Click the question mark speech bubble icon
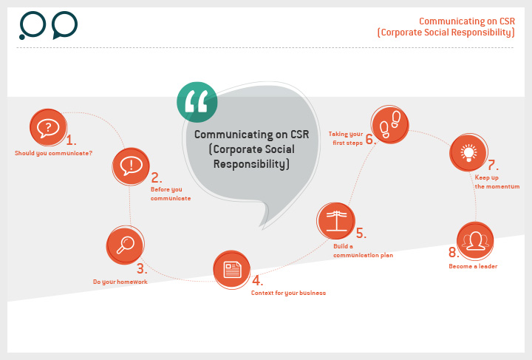coord(48,127)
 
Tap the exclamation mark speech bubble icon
coord(131,166)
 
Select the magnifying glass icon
coord(125,245)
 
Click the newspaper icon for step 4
coord(232,269)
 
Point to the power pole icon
coord(336,220)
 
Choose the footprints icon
coord(390,124)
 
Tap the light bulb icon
coord(468,153)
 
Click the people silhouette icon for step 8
coord(475,241)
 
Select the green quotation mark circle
coord(197,102)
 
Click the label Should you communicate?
coord(54,153)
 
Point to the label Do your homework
coord(120,282)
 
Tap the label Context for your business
coord(288,293)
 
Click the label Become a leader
coord(473,266)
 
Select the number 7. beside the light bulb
coord(493,166)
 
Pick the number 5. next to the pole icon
coord(361,233)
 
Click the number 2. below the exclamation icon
coord(157,177)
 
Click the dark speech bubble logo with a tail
coord(65,25)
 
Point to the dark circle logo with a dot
coord(33,25)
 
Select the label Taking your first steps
coord(346,138)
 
